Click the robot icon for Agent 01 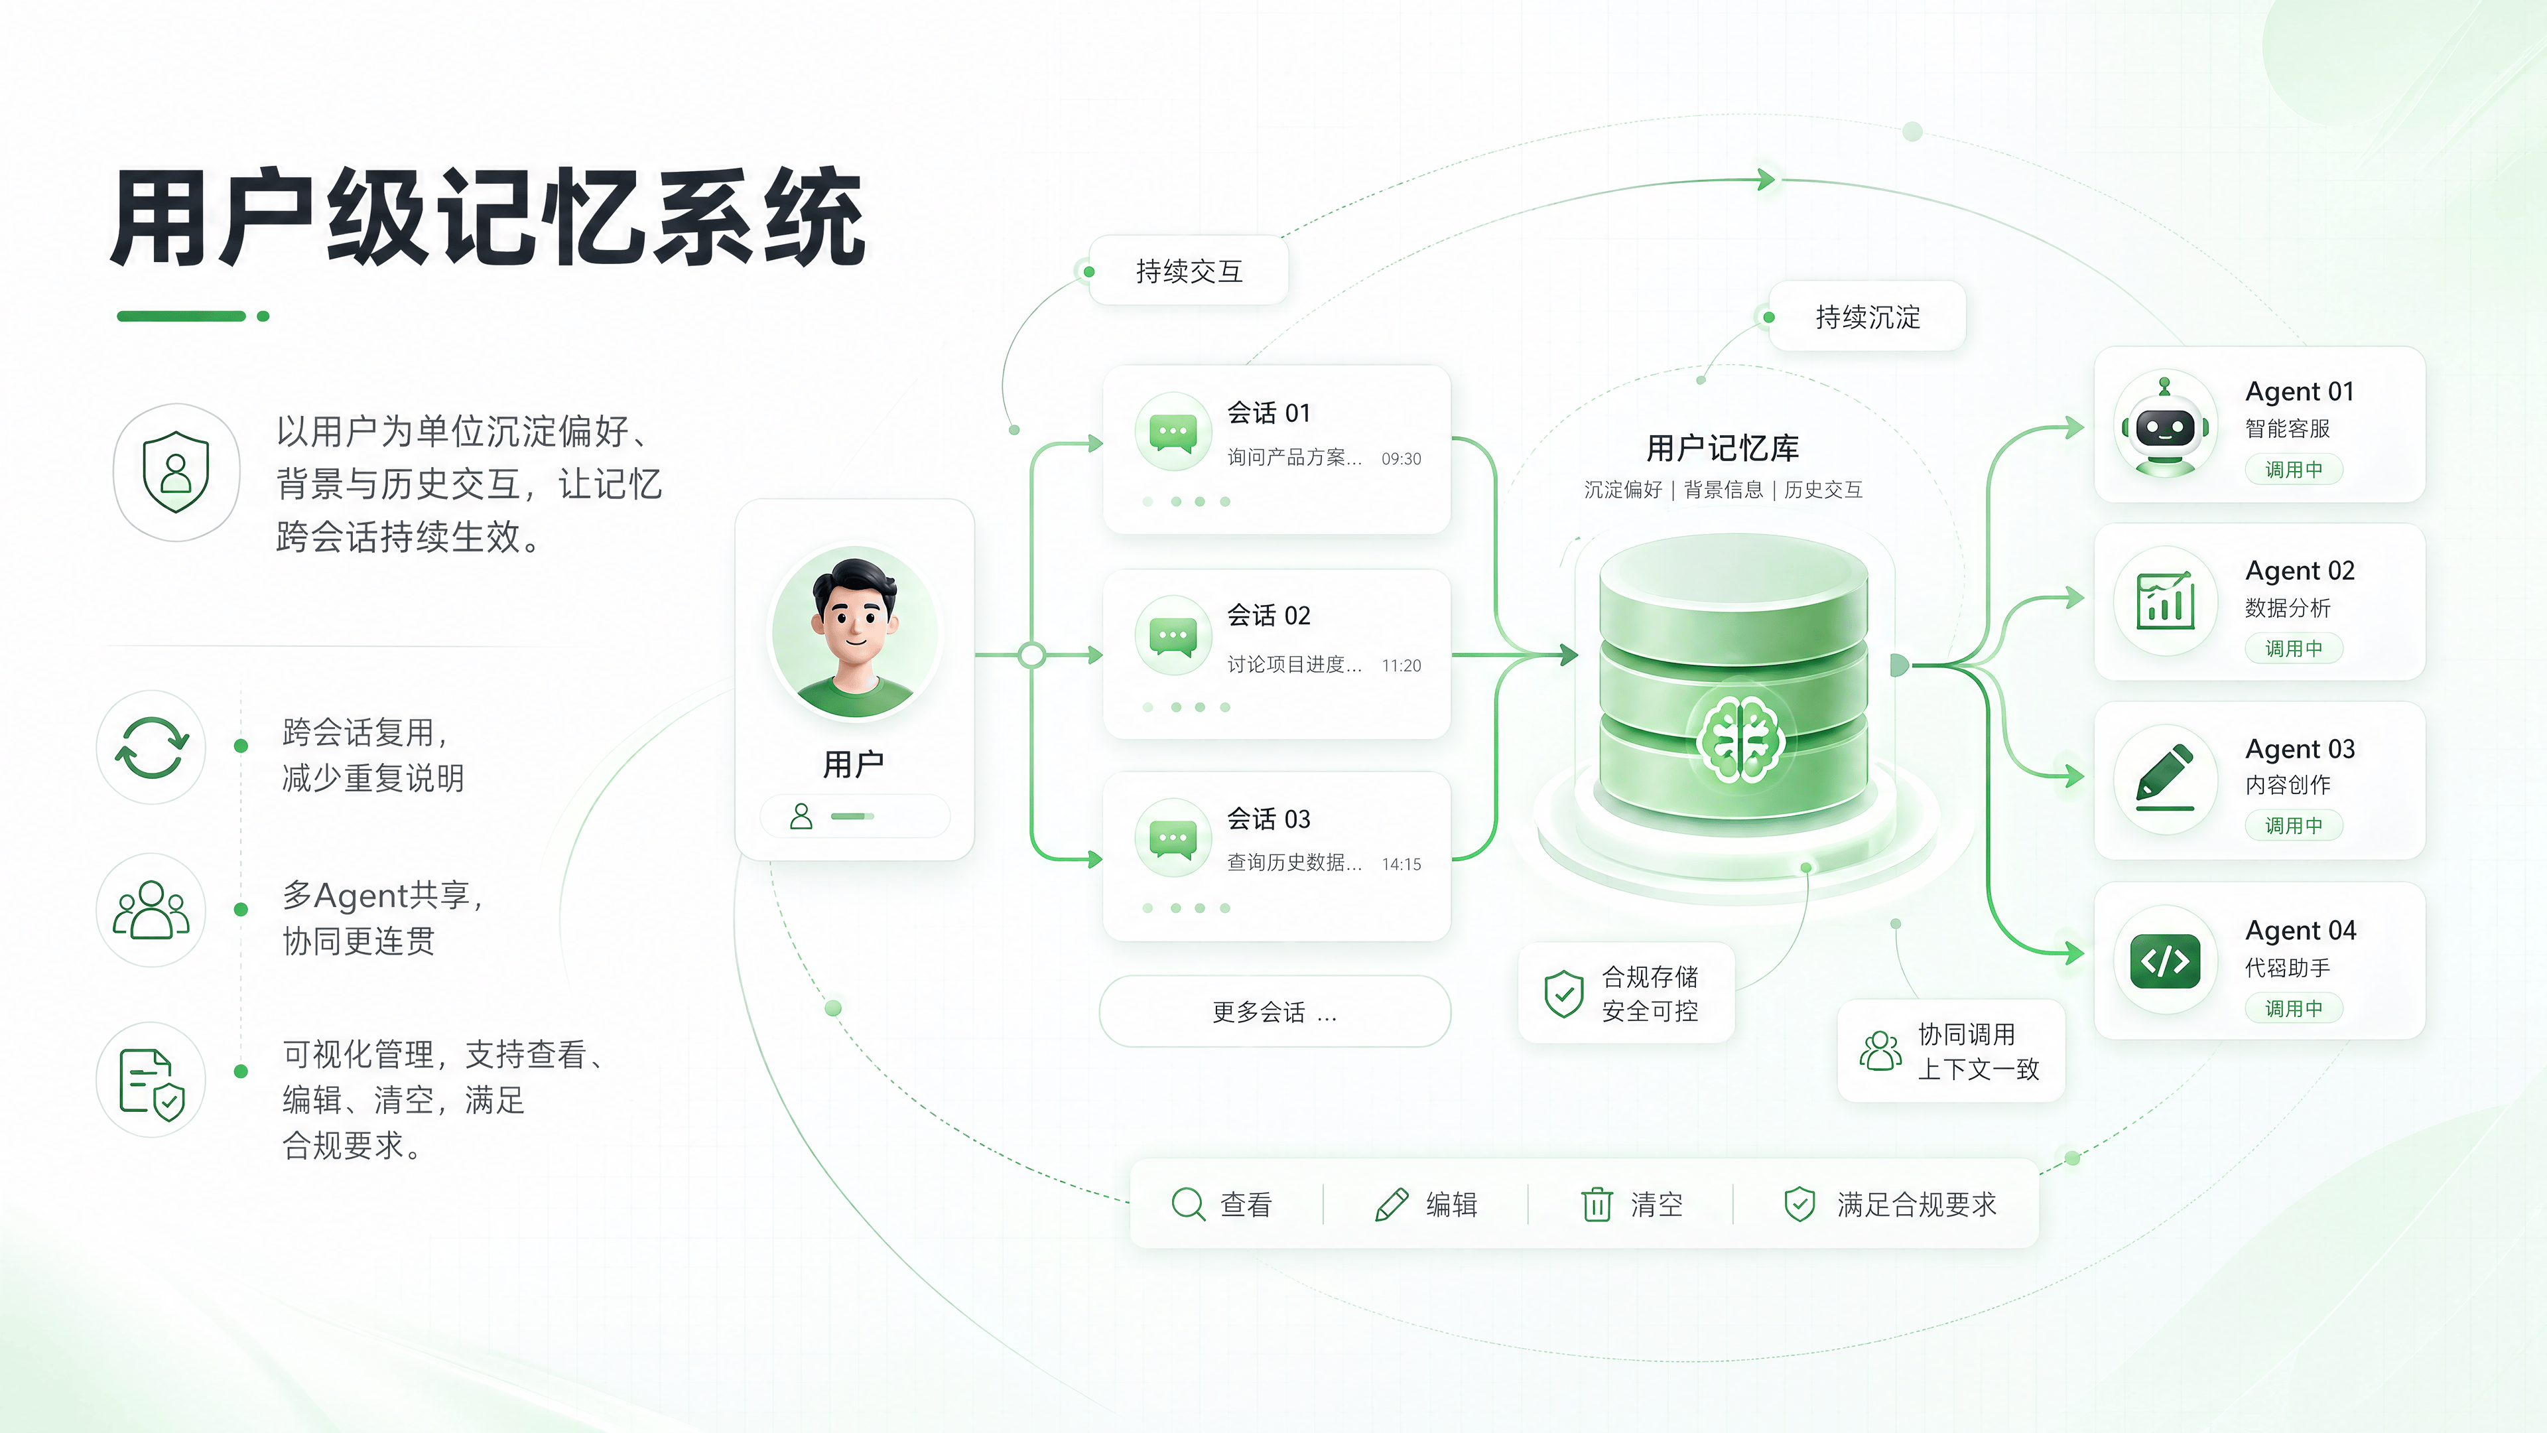2164,427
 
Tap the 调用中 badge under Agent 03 2293,825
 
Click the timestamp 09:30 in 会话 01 1400,459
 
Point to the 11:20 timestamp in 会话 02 1400,665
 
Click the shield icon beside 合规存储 1563,993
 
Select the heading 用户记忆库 1721,448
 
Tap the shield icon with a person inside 176,472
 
